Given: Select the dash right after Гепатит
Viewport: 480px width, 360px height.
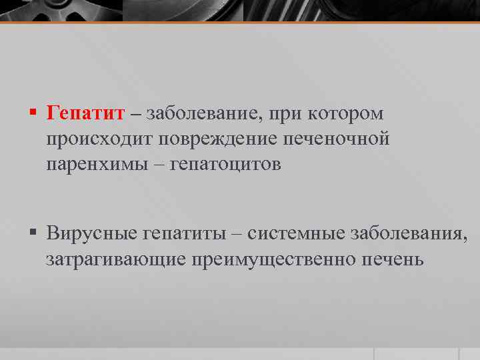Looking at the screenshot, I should tap(136, 114).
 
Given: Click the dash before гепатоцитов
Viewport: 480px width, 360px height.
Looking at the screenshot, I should tap(161, 165).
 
